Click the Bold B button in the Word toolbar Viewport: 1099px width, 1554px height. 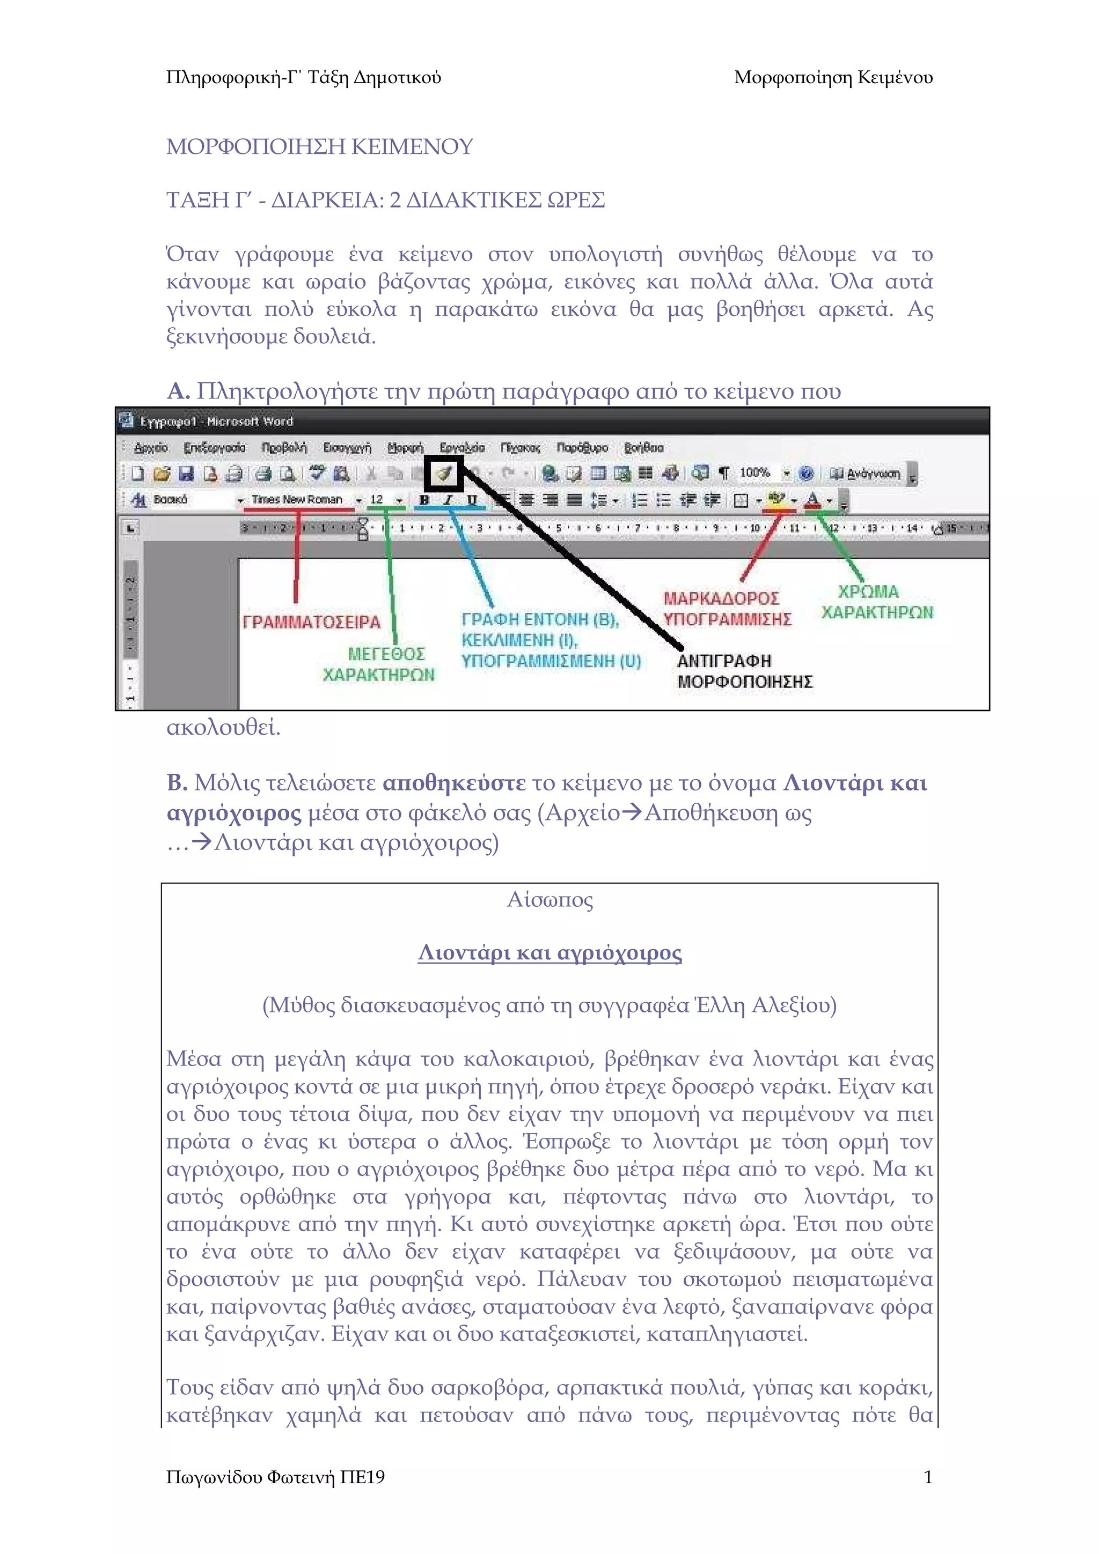(424, 500)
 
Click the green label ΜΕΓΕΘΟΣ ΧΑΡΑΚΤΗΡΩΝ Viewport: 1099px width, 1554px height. (380, 664)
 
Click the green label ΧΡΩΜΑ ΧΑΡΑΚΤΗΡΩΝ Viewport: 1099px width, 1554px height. (876, 602)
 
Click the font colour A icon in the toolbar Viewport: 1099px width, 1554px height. (812, 500)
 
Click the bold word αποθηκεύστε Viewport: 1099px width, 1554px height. (453, 783)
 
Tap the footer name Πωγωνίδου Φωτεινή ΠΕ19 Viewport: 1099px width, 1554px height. (275, 1477)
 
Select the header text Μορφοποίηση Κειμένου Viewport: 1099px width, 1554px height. (833, 78)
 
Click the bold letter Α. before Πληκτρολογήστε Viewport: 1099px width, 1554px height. (178, 391)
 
